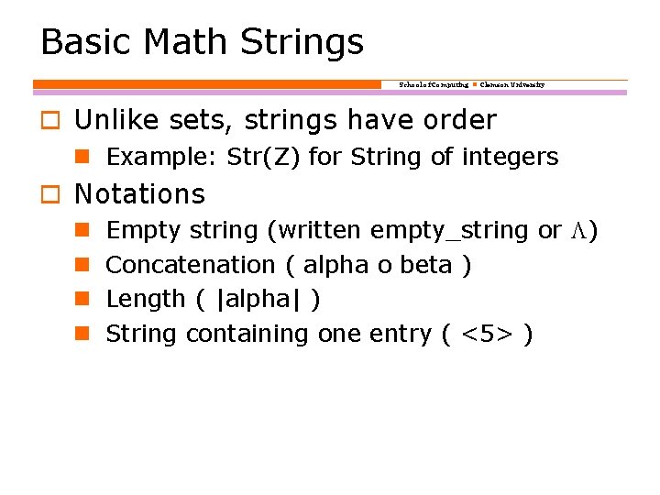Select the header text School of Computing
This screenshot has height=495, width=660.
point(434,84)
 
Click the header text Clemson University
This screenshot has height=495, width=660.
point(512,84)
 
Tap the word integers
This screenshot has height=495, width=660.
point(510,158)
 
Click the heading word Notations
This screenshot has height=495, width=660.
point(139,194)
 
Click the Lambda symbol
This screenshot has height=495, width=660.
point(578,230)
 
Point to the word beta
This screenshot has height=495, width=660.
point(430,265)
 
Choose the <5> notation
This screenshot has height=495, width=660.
point(486,334)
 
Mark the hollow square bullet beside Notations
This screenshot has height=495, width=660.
point(49,195)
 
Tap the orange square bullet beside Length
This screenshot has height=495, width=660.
point(81,299)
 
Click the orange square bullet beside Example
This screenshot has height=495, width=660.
point(81,158)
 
